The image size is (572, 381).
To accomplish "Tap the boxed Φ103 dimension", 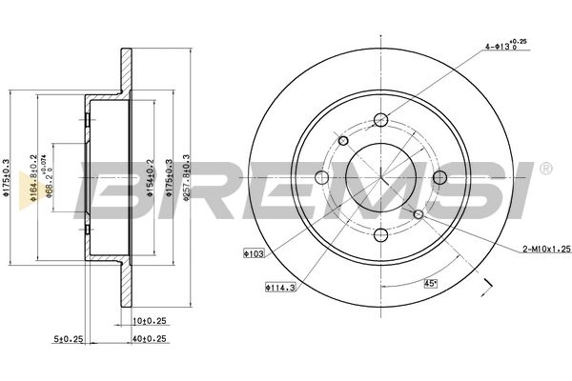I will coord(255,253).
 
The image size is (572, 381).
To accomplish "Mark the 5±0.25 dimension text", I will coord(69,339).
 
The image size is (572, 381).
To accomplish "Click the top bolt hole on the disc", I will coord(380,119).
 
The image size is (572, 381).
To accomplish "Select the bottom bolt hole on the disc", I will coord(380,235).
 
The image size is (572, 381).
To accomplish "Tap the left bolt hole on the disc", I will coord(322,177).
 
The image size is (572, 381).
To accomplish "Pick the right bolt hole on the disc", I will coord(439,177).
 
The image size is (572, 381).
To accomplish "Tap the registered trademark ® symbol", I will coord(544,170).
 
